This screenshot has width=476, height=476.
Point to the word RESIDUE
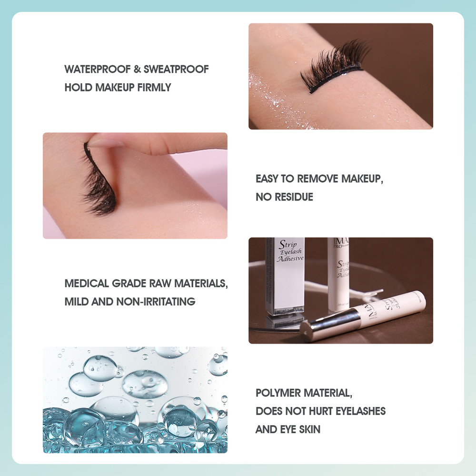(x=294, y=197)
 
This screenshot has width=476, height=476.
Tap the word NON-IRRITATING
(x=156, y=301)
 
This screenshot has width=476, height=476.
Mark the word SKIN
(x=309, y=429)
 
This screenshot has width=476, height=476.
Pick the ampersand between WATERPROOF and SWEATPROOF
(x=137, y=69)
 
